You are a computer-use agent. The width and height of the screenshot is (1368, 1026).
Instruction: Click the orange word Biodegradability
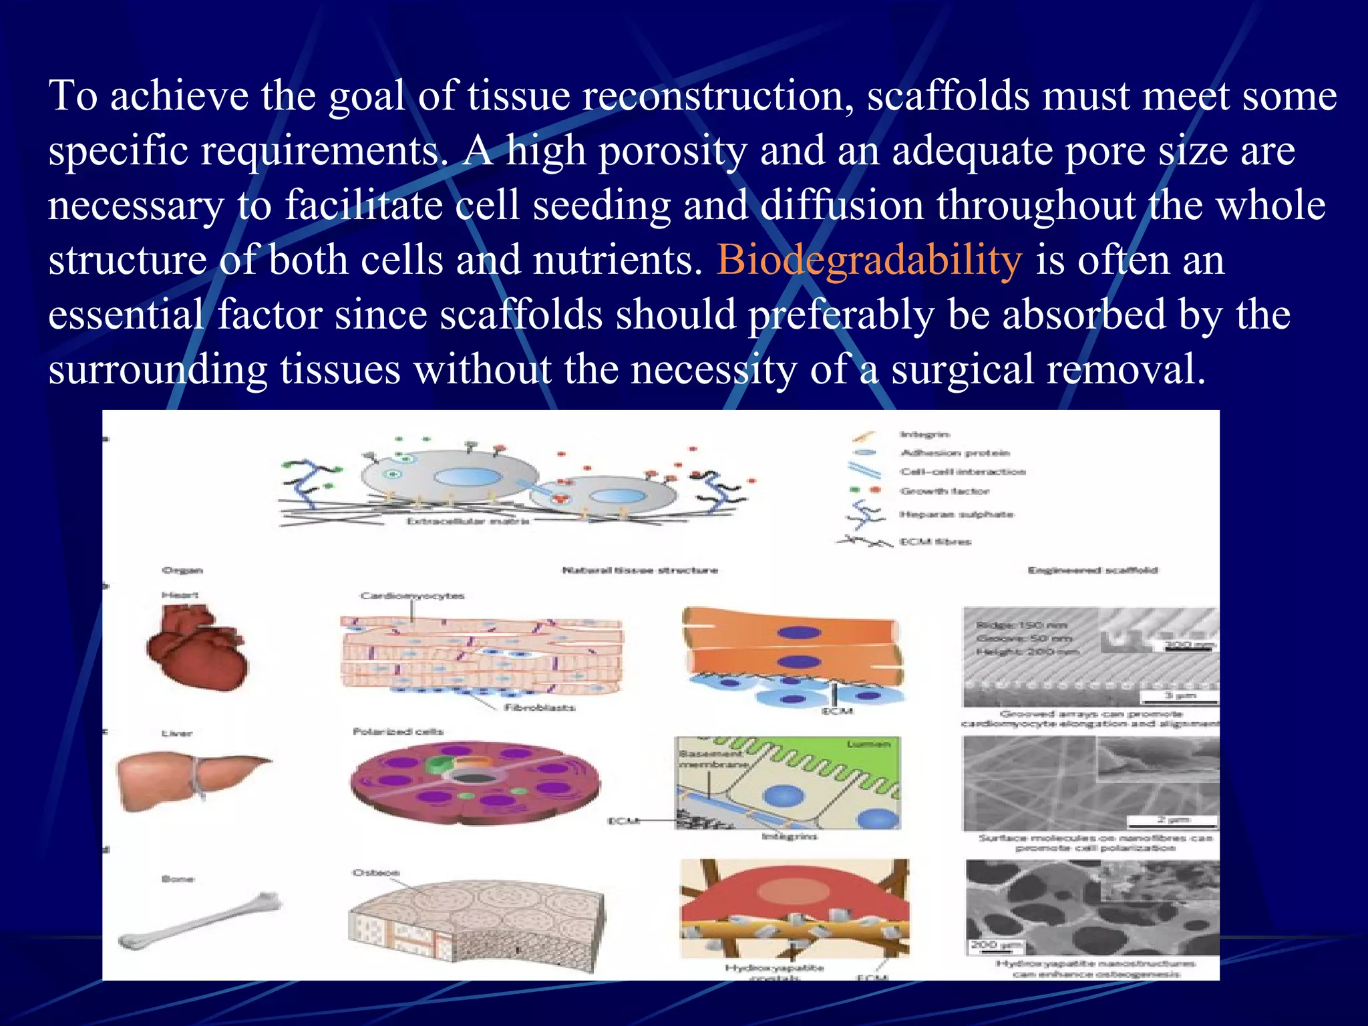click(x=868, y=261)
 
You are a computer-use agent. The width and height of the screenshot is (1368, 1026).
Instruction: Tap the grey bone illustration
click(x=200, y=922)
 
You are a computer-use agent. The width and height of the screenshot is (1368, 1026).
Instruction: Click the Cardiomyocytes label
click(x=412, y=596)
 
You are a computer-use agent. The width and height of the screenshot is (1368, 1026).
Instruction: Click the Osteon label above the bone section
click(x=376, y=873)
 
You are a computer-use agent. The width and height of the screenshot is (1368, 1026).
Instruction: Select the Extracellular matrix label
click(x=468, y=521)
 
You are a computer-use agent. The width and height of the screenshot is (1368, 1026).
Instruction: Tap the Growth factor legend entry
click(x=944, y=492)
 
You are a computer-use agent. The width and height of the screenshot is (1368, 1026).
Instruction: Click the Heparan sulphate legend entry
click(x=957, y=514)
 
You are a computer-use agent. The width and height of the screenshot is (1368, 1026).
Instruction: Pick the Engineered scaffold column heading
click(x=1092, y=570)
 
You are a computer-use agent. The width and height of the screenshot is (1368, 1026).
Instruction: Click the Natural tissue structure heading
click(x=640, y=570)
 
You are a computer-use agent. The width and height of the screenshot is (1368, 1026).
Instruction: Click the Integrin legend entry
click(x=924, y=435)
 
